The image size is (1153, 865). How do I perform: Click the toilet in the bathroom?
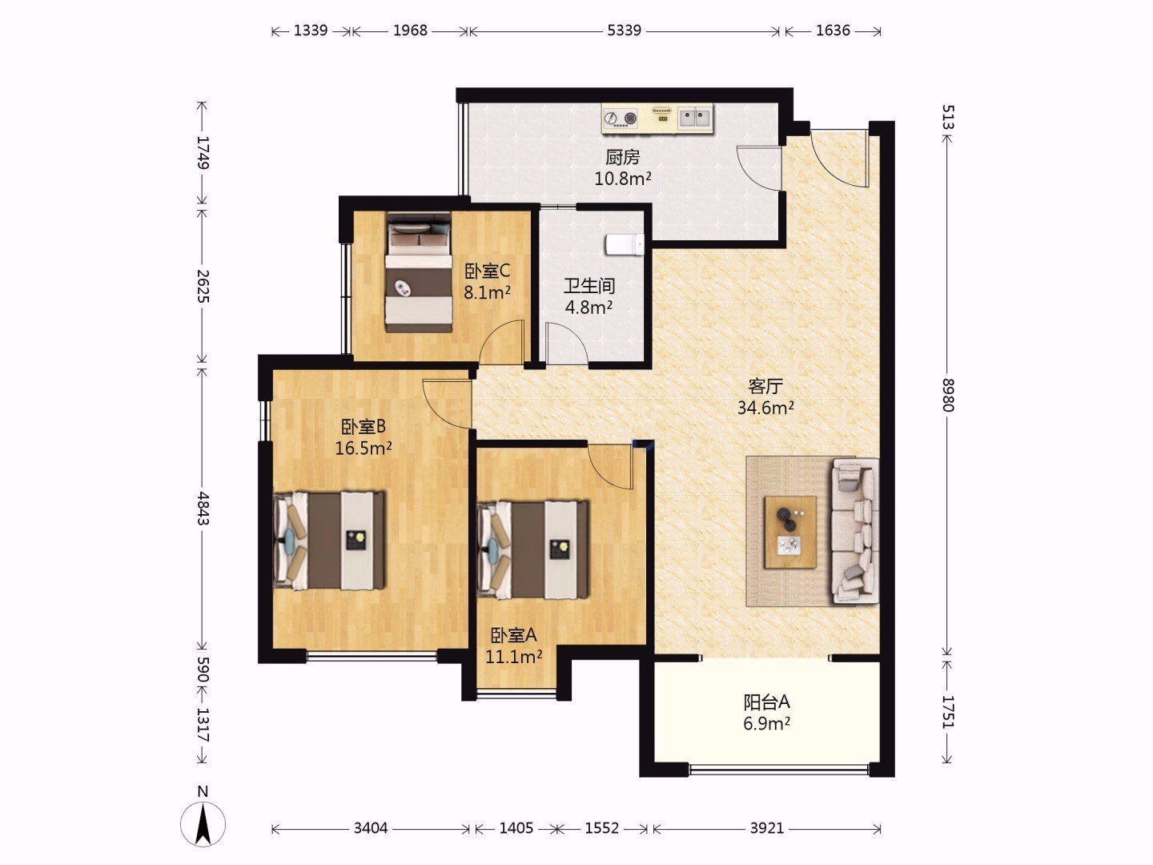pyautogui.click(x=625, y=245)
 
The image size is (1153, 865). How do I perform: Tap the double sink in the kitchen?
pyautogui.click(x=695, y=118)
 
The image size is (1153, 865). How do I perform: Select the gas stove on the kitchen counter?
pyautogui.click(x=621, y=119)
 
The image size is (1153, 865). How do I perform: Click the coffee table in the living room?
pyautogui.click(x=790, y=532)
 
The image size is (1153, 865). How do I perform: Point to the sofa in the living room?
pyautogui.click(x=854, y=531)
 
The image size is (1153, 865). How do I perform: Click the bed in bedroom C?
pyautogui.click(x=420, y=272)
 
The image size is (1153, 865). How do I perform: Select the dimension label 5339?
pyautogui.click(x=624, y=30)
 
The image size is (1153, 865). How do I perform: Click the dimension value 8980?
pyautogui.click(x=947, y=395)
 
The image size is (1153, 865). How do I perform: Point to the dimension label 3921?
pyautogui.click(x=767, y=828)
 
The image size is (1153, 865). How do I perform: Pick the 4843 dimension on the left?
pyautogui.click(x=203, y=508)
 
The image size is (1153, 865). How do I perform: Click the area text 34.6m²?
pyautogui.click(x=765, y=408)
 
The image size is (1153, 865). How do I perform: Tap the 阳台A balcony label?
pyautogui.click(x=766, y=702)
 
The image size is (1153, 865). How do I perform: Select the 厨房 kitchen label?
pyautogui.click(x=622, y=157)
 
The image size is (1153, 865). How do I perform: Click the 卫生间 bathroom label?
pyautogui.click(x=589, y=286)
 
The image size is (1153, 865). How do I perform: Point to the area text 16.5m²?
pyautogui.click(x=364, y=448)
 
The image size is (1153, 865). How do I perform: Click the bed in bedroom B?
pyautogui.click(x=329, y=541)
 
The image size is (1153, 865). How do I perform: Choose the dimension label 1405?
pyautogui.click(x=516, y=828)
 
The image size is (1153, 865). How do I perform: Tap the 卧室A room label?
pyautogui.click(x=514, y=635)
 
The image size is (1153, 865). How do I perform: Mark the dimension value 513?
pyautogui.click(x=947, y=117)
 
